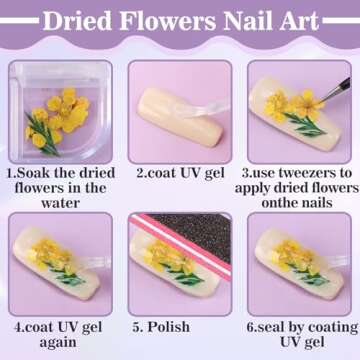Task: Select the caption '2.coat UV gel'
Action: [179, 172]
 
